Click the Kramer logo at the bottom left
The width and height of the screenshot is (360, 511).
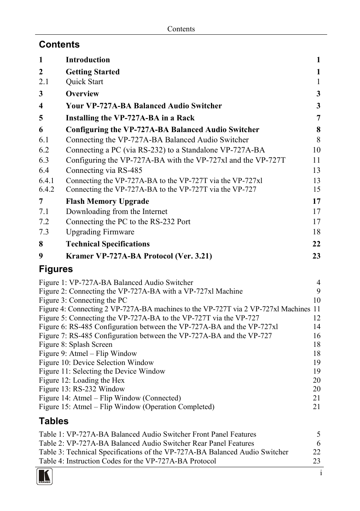tap(45, 477)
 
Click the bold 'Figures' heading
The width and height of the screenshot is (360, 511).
tap(56, 269)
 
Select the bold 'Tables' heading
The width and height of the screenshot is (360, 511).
tap(54, 421)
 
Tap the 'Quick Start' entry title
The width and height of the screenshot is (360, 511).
tap(84, 82)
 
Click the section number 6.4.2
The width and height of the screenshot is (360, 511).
tap(46, 189)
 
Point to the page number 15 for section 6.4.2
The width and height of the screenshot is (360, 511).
tap(316, 189)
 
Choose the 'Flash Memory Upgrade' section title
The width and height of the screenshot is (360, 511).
tap(107, 202)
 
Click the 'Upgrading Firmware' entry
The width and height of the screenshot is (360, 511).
tap(100, 232)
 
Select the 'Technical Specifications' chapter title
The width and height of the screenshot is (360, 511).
tap(108, 244)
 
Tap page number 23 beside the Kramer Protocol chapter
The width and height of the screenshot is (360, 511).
tap(316, 256)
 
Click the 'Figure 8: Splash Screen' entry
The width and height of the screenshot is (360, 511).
tap(75, 345)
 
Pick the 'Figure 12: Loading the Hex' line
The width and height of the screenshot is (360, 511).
tap(82, 380)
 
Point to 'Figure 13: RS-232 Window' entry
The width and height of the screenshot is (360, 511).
tap(82, 389)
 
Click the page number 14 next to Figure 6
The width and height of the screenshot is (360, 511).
tap(316, 327)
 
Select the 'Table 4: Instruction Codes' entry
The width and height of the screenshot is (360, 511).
tap(128, 461)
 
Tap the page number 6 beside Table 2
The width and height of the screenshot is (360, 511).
tap(318, 443)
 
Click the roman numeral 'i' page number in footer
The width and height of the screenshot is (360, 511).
tap(321, 473)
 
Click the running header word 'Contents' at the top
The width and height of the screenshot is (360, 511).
tap(181, 29)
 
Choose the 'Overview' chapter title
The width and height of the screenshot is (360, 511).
tap(82, 94)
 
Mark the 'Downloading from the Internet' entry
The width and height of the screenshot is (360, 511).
tap(117, 212)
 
